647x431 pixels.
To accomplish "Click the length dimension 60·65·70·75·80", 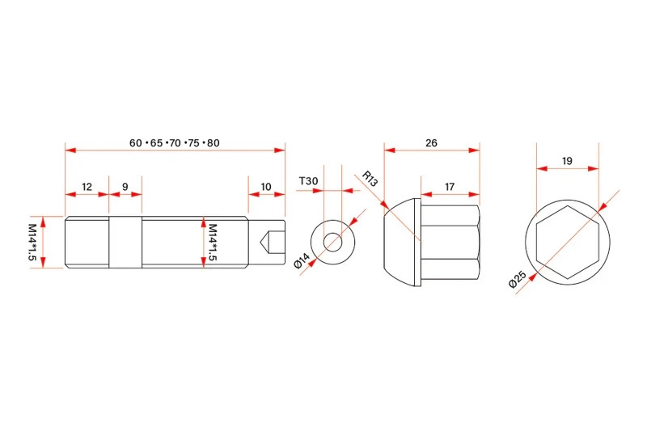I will point(175,143).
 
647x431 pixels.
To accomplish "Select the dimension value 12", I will point(87,187).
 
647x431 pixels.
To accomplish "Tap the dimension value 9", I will point(125,187).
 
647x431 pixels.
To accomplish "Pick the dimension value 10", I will point(266,187).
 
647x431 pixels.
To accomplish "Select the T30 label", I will point(307,181).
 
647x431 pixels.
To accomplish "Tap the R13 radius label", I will point(370,178).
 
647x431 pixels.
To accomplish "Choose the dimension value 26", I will point(431,143).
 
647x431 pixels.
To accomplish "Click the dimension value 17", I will point(450,187).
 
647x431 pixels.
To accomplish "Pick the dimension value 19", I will point(567,161).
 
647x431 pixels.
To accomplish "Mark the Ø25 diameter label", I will point(518,281).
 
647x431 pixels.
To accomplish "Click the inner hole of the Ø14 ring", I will point(332,241).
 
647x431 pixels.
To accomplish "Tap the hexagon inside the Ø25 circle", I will point(568,241).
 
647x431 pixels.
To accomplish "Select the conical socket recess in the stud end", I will point(272,241).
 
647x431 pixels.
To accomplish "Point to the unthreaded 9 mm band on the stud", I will point(125,241).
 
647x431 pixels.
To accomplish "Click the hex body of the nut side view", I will point(450,241).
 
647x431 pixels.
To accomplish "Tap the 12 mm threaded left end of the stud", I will point(87,241).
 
